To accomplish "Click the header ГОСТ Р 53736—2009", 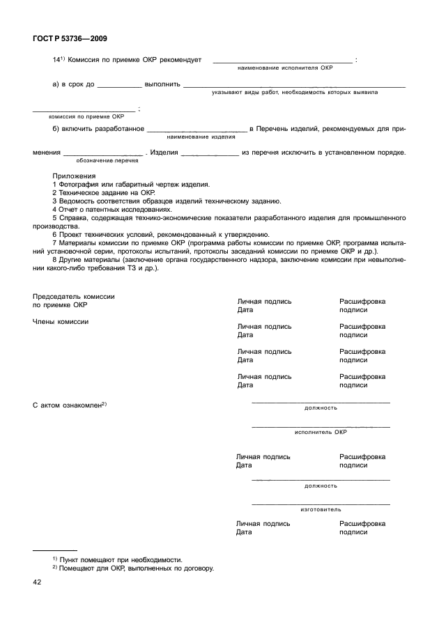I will coord(70,40).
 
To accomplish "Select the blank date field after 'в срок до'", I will coord(119,86).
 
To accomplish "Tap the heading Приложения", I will coord(74,176).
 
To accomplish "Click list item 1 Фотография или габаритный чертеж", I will coord(131,185).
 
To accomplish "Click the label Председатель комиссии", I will coord(74,297).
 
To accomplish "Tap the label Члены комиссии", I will coord(61,321).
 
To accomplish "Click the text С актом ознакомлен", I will coord(68,405).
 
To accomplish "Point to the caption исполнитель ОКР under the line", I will coord(321,433).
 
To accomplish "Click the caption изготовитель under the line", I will coord(321,510).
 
